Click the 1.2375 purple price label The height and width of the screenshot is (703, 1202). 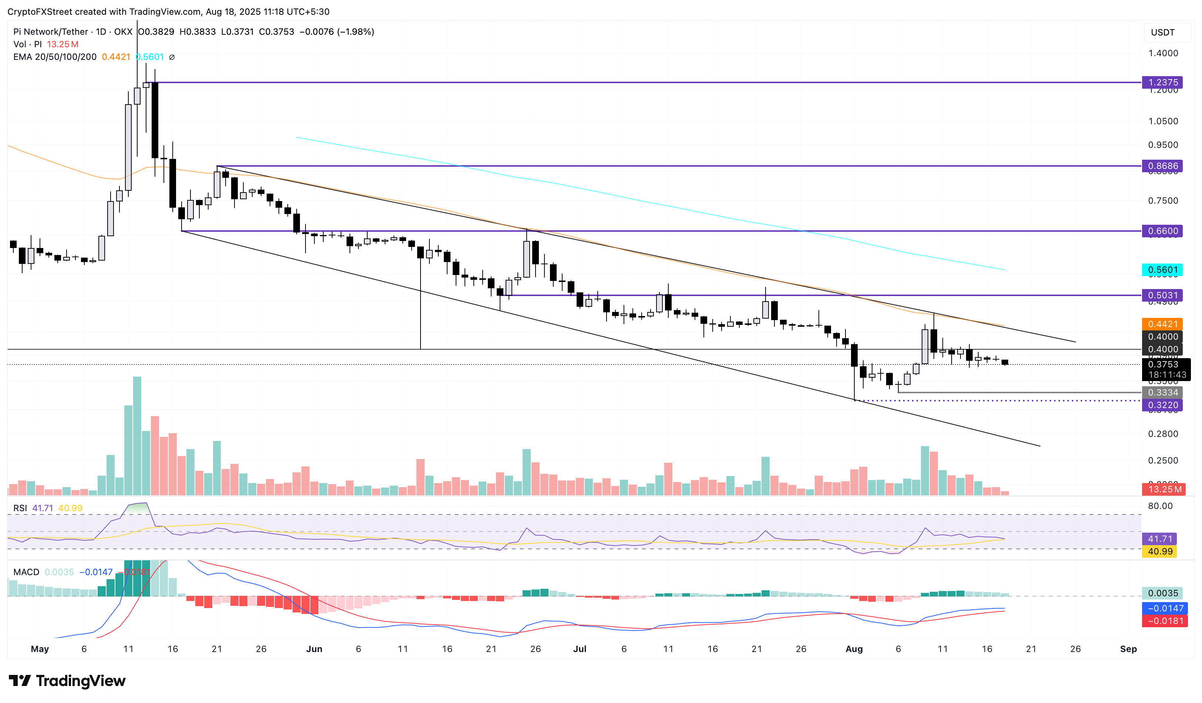coord(1162,82)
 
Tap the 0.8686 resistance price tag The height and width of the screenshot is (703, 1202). coord(1162,166)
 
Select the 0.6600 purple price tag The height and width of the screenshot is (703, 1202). coord(1162,231)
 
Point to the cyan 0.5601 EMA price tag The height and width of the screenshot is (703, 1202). coord(1162,270)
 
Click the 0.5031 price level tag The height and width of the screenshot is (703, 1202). coord(1162,295)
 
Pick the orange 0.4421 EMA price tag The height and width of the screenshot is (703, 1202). coord(1162,324)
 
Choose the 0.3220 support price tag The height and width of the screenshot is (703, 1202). coord(1162,405)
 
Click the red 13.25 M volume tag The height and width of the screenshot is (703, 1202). coord(1164,489)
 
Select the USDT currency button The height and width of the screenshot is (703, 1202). coord(1162,33)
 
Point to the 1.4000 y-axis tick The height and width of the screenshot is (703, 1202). coord(1162,53)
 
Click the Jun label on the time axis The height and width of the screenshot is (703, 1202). coord(314,649)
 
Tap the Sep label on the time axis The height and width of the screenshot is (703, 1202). coord(1128,649)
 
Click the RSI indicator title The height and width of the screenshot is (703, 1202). coord(20,508)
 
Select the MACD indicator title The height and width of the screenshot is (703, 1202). coord(26,572)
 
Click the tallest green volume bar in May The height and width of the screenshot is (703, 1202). coord(137,436)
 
